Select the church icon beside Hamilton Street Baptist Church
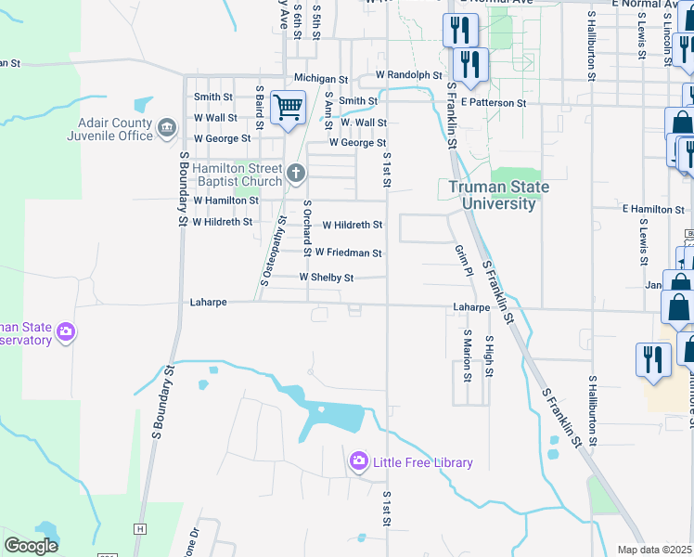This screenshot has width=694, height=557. point(296,173)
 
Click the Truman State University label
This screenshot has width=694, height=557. point(499,195)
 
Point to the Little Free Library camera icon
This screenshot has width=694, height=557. point(358,461)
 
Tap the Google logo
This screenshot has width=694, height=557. point(32,546)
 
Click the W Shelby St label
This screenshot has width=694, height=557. point(326,278)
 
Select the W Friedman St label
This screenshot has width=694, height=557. point(348,253)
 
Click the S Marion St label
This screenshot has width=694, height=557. point(467,356)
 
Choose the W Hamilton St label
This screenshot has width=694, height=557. point(225,201)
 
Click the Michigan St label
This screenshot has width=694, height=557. point(320,80)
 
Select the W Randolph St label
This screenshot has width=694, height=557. point(408,75)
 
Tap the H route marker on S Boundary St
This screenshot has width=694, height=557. point(140,528)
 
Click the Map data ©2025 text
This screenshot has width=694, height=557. point(655,550)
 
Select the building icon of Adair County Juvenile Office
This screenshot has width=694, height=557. point(166,126)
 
